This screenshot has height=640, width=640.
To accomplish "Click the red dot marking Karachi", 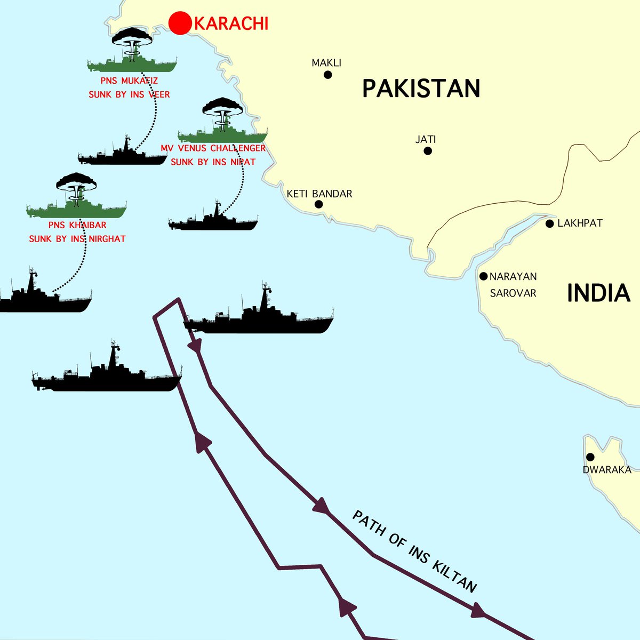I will [180, 23].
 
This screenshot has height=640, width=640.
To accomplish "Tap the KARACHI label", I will [230, 24].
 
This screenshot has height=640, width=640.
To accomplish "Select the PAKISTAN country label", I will [421, 88].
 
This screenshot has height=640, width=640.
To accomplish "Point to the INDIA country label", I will [598, 293].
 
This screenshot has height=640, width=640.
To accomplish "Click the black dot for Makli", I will [327, 75].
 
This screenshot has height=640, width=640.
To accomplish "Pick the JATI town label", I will [426, 140].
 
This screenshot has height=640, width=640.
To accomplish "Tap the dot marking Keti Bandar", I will [318, 204].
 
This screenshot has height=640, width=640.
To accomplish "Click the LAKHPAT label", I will [580, 223].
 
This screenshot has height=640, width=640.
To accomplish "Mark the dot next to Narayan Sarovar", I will [483, 276].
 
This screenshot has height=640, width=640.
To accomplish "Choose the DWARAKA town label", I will [607, 470].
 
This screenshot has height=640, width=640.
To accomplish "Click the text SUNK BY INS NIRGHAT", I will [77, 239].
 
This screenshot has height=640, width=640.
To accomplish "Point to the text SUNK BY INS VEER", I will [129, 94].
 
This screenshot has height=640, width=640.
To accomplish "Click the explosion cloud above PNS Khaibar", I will [76, 185].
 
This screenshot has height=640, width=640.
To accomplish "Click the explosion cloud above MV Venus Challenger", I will [222, 109].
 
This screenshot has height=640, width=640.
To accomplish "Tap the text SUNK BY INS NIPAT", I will [213, 162].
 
